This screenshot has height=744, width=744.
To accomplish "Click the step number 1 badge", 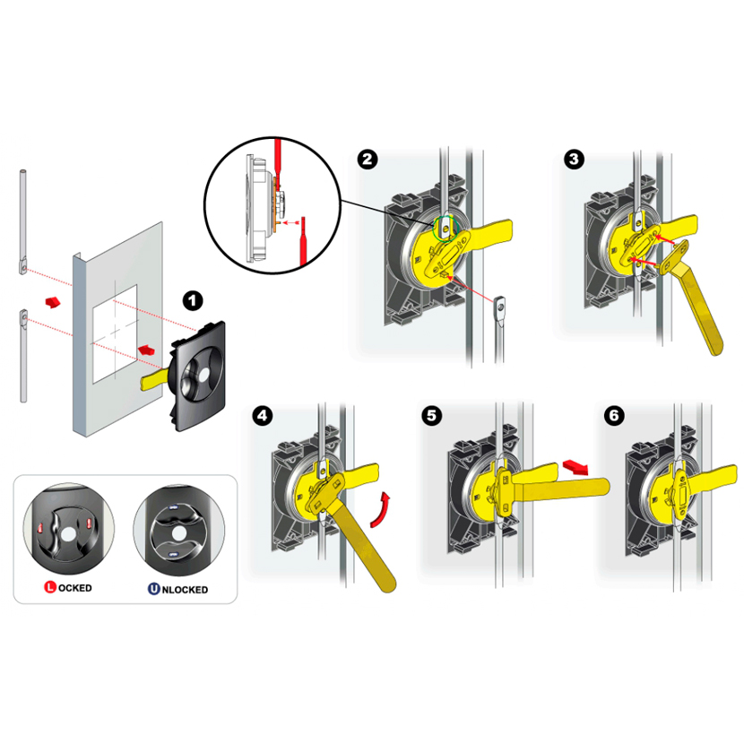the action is (x=193, y=301).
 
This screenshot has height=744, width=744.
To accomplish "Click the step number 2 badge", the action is (x=368, y=160).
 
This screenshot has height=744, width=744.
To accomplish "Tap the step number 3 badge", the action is (x=574, y=160).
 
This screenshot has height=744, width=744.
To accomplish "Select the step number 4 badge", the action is (x=263, y=416).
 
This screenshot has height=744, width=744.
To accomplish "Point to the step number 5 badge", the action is (x=431, y=416).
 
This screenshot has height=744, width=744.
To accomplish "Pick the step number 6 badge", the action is (x=614, y=416).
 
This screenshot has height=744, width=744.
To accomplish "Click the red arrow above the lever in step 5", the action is (x=575, y=466).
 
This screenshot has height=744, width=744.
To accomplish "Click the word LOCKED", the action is (x=74, y=588).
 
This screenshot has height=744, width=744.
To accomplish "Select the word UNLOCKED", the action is (x=185, y=590).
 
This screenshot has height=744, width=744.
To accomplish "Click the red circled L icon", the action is (x=50, y=587).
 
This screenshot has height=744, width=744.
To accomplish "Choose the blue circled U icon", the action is (x=154, y=589).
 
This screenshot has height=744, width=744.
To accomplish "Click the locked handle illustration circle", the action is (x=69, y=531).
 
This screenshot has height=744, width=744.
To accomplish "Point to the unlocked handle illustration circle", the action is (x=179, y=532).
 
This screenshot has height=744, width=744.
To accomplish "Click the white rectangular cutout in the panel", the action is (x=115, y=333).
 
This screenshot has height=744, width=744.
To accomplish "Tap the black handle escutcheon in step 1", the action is (x=198, y=376).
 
